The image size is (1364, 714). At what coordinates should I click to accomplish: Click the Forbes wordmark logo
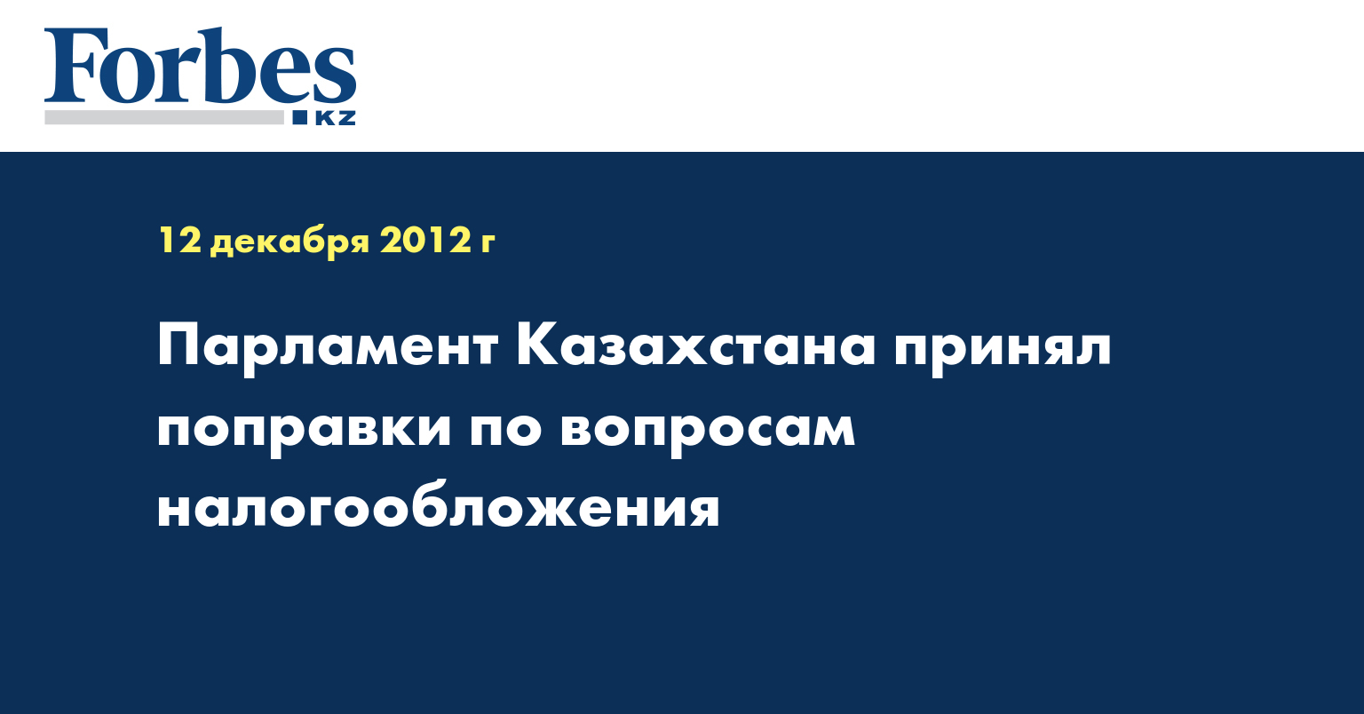point(200,65)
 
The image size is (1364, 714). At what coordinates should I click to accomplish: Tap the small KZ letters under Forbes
point(335,117)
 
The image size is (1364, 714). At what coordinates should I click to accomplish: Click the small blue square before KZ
point(299,117)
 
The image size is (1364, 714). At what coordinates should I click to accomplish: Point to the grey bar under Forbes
point(163,117)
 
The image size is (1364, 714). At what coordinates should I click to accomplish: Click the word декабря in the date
point(289,242)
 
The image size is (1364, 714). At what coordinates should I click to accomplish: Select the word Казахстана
point(695,345)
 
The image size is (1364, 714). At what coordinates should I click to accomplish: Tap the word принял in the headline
point(1003,351)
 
